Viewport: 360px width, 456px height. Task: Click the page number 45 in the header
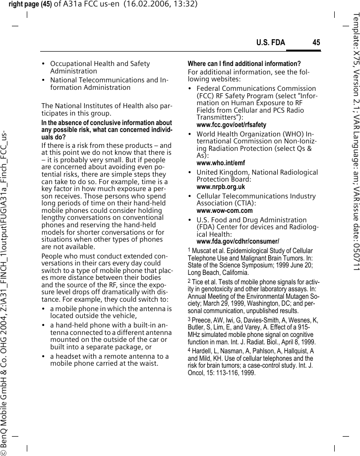316,43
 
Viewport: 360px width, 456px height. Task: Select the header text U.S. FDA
270,43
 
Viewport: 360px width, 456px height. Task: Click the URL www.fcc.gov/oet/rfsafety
231,125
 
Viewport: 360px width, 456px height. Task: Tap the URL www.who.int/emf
221,163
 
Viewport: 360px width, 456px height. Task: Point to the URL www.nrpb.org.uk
221,187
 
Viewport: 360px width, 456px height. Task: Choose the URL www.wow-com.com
224,210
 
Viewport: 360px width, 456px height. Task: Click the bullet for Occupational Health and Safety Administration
100,67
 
